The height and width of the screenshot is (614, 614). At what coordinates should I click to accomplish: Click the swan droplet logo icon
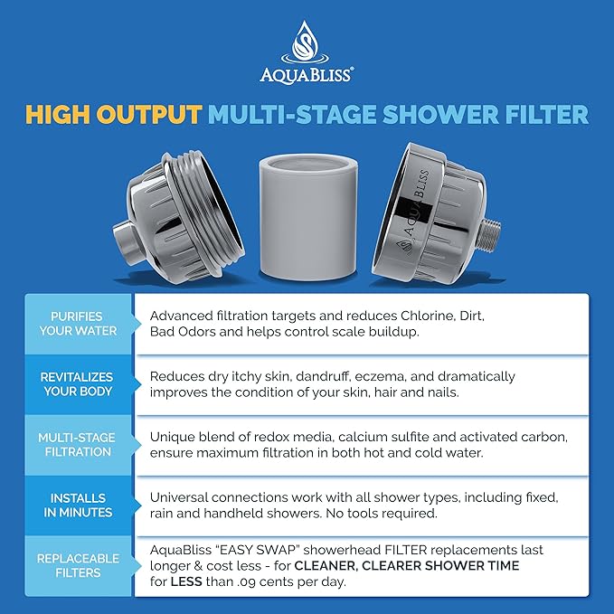[x=307, y=41]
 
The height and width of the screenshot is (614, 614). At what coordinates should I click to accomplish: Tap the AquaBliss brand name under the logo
[x=307, y=75]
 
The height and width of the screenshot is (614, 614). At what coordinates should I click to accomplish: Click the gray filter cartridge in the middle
[x=307, y=217]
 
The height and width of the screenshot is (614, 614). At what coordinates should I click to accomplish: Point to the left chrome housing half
[x=172, y=217]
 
